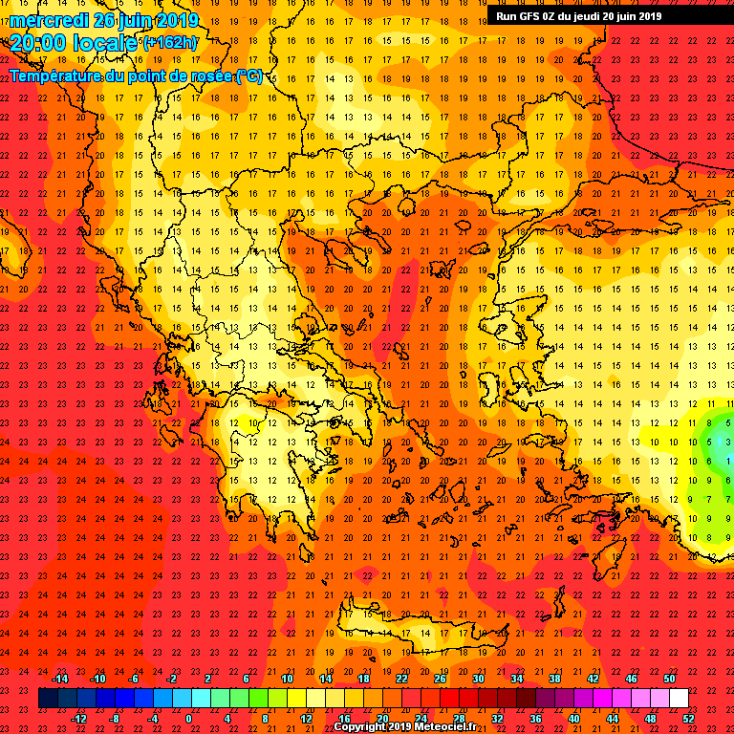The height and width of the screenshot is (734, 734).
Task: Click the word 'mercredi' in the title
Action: tap(47, 20)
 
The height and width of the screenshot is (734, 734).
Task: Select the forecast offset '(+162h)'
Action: tap(170, 43)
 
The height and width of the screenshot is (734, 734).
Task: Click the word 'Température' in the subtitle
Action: tap(57, 76)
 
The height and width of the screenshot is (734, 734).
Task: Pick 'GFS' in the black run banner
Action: tap(533, 15)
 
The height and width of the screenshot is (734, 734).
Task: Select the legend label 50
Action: tap(669, 678)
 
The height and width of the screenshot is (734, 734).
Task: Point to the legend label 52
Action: tap(688, 718)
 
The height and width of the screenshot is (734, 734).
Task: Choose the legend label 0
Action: tap(188, 718)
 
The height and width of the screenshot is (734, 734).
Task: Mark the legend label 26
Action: tap(440, 678)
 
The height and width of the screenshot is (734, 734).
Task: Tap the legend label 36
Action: tap(535, 718)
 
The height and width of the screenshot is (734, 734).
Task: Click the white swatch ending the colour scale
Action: tap(679, 698)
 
